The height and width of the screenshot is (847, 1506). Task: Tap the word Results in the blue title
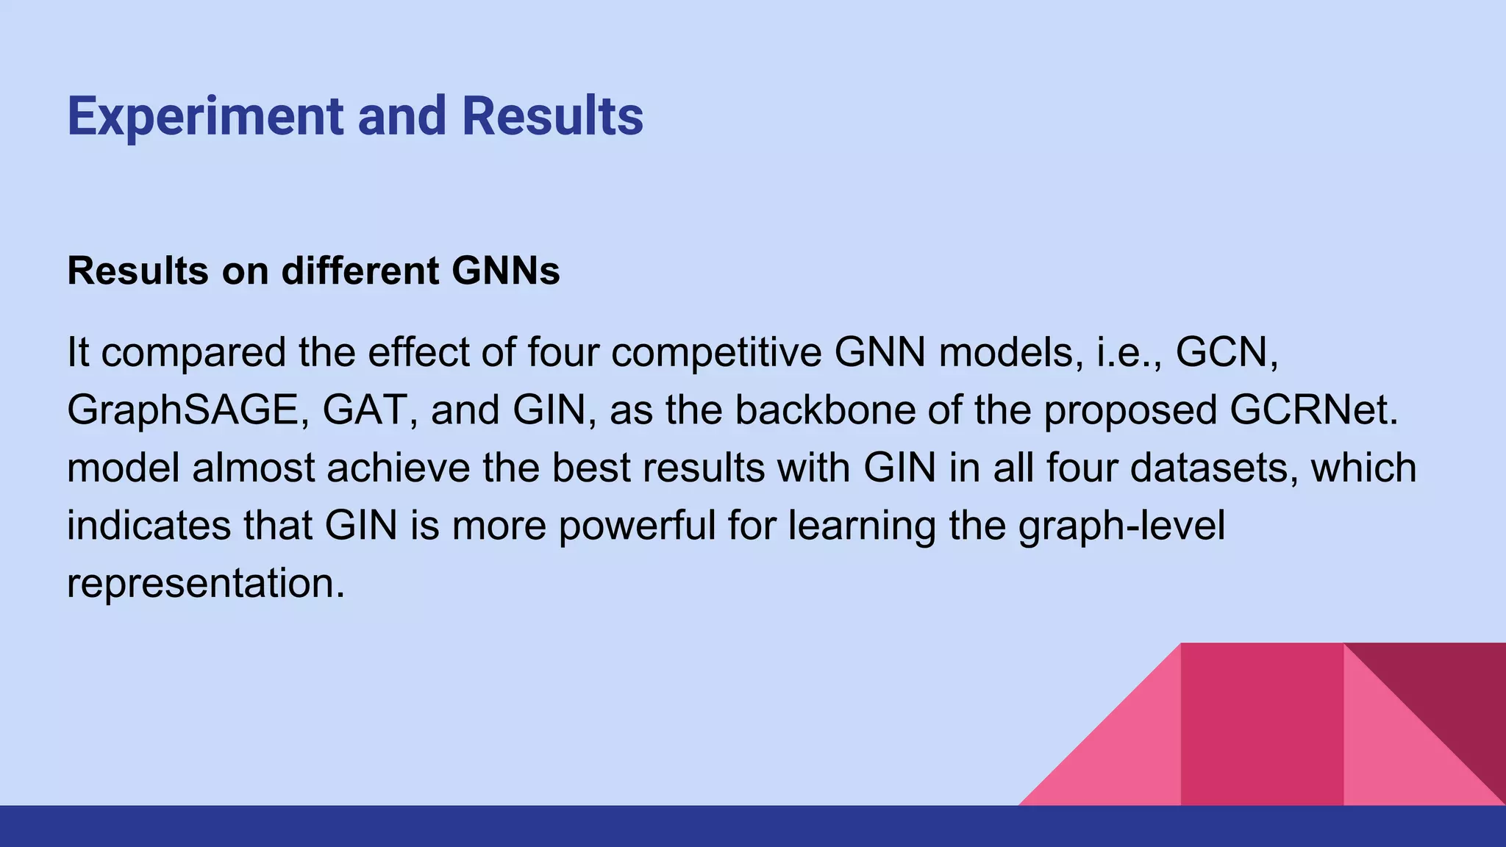pyautogui.click(x=552, y=117)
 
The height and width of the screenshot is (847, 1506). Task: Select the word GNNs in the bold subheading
pyautogui.click(x=505, y=271)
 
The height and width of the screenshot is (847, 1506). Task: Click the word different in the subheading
pyautogui.click(x=360, y=271)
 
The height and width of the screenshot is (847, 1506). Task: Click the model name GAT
pyautogui.click(x=363, y=410)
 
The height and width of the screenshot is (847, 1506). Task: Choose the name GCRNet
pyautogui.click(x=1313, y=410)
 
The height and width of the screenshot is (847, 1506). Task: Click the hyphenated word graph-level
pyautogui.click(x=1121, y=526)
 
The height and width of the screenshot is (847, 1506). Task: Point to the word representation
pyautogui.click(x=205, y=583)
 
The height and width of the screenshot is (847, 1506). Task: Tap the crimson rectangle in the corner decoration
pyautogui.click(x=1262, y=724)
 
